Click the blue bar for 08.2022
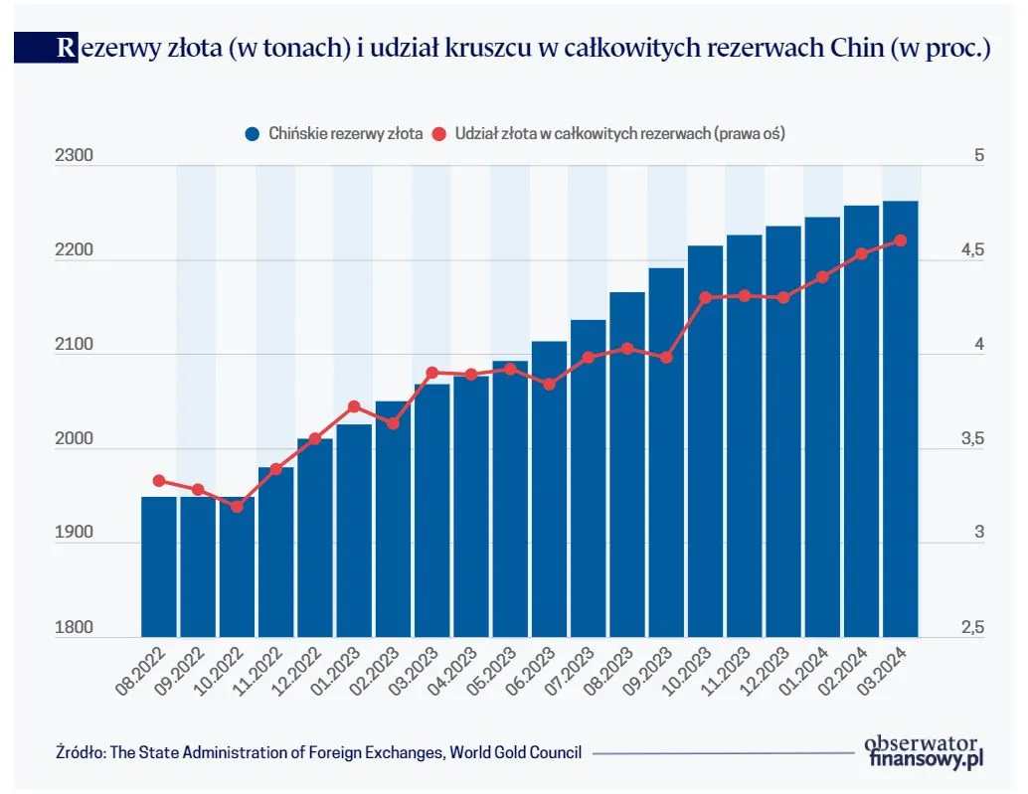click(159, 566)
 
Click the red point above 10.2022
click(237, 507)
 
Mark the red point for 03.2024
click(901, 239)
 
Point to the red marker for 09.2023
click(666, 358)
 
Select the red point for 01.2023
click(354, 406)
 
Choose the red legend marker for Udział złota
click(442, 132)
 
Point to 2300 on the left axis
click(75, 157)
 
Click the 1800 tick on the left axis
click(75, 628)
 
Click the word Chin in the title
click(855, 48)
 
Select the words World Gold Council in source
click(516, 752)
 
